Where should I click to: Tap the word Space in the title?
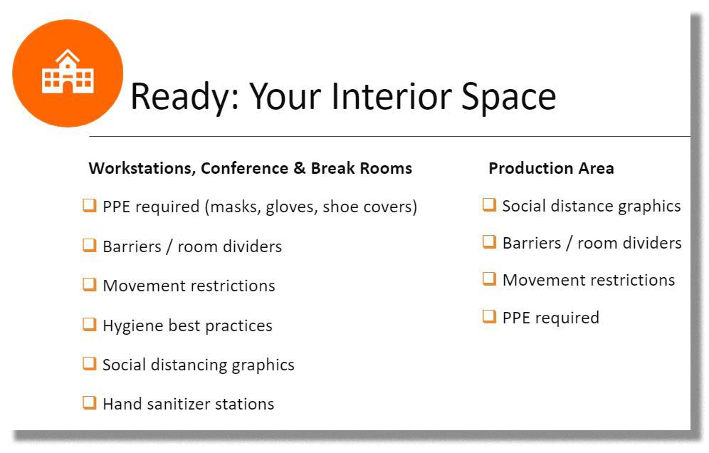click(x=508, y=96)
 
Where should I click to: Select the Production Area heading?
click(x=551, y=168)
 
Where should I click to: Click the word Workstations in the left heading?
click(x=142, y=168)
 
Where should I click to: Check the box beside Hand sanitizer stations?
click(x=90, y=402)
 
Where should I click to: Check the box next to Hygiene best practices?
click(x=90, y=324)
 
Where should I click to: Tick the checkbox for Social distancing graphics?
click(x=90, y=363)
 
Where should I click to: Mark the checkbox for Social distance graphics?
click(x=489, y=204)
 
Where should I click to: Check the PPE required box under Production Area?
click(x=489, y=316)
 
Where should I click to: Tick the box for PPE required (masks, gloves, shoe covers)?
click(x=90, y=205)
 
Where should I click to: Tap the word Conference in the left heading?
click(x=244, y=168)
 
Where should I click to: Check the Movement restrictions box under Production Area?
click(x=489, y=278)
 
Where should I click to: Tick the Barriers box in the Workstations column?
click(x=90, y=245)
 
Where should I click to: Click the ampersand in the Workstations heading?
click(x=300, y=168)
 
